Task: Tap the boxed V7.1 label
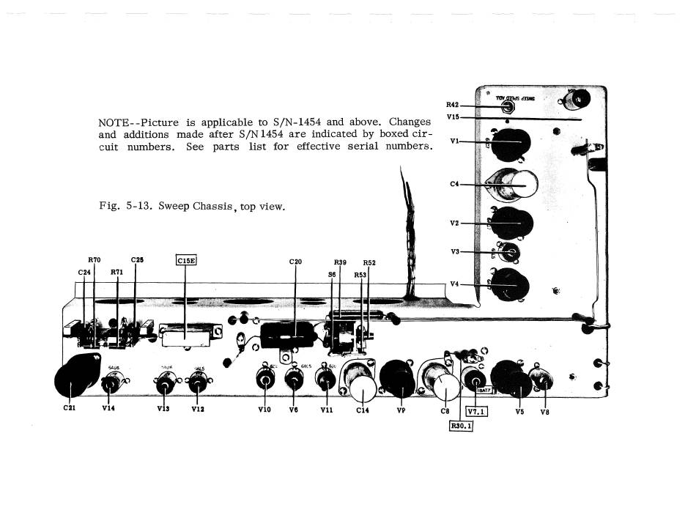coord(476,411)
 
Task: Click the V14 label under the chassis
coord(108,410)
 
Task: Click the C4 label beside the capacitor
coord(454,184)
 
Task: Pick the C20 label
coord(296,261)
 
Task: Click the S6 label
coord(332,274)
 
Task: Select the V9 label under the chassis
coord(401,411)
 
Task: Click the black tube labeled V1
coord(512,145)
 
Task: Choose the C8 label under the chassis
coord(444,411)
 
